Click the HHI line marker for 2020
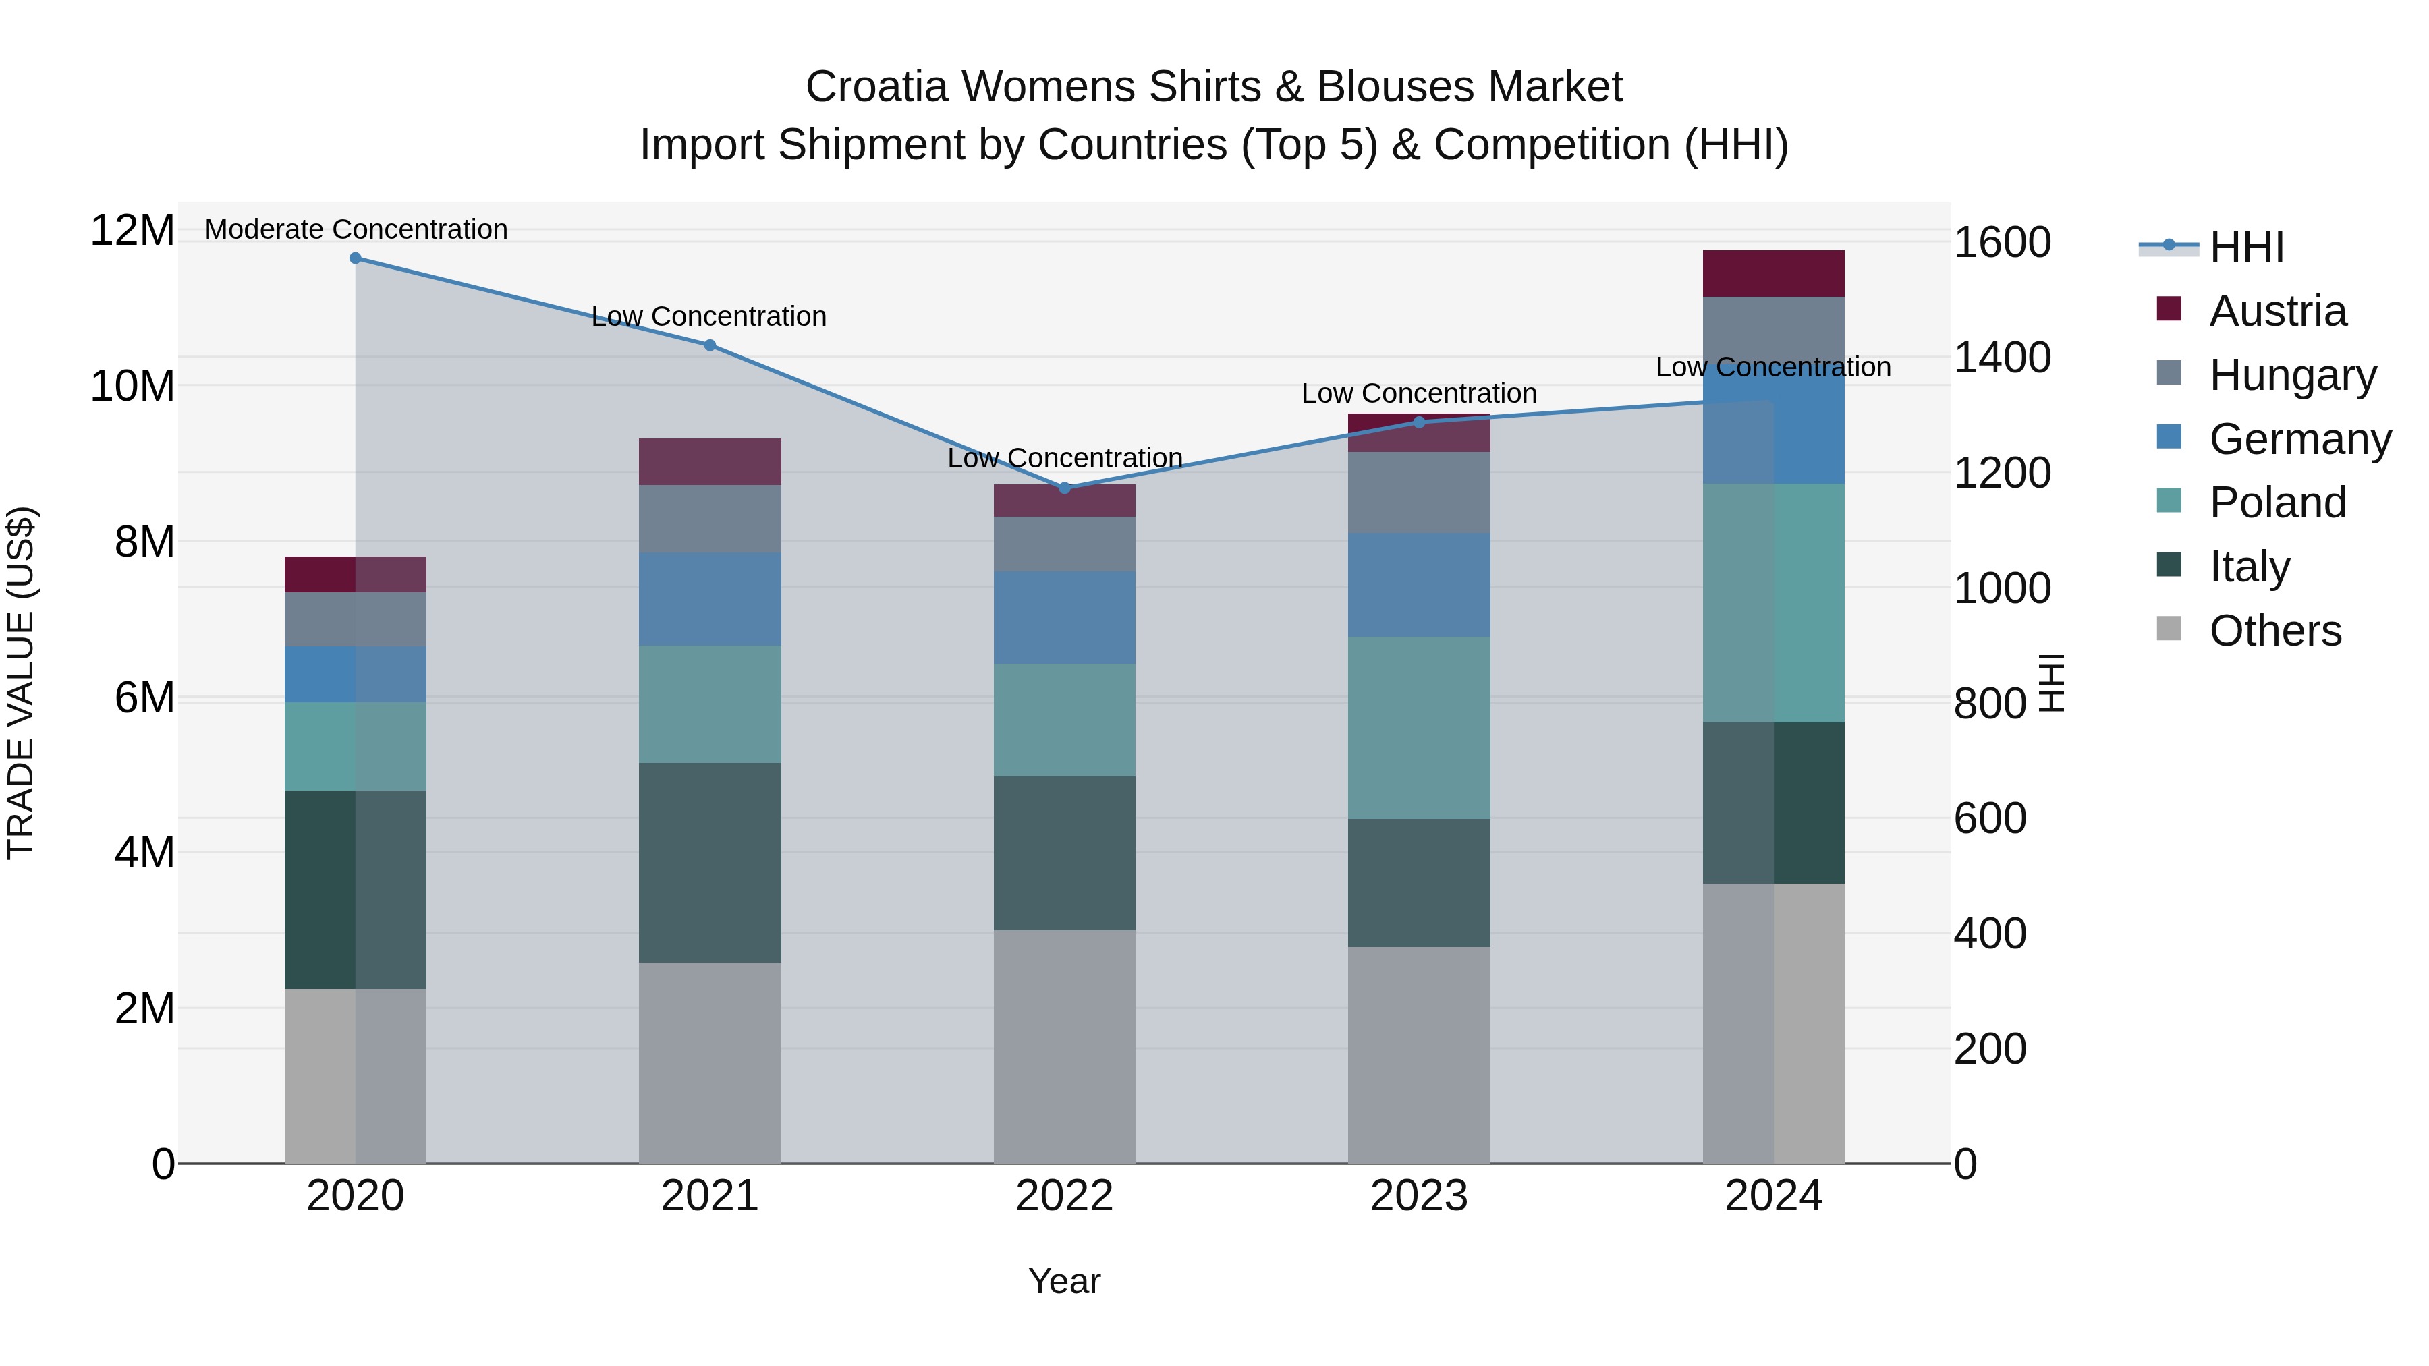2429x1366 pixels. [x=356, y=258]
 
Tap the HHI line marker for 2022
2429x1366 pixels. [x=1065, y=488]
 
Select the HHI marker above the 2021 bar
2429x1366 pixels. [x=710, y=345]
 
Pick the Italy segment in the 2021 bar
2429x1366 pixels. [x=710, y=863]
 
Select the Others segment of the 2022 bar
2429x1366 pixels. [x=1065, y=1046]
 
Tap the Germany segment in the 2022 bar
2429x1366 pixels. [x=1065, y=617]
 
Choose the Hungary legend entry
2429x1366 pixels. [x=2292, y=375]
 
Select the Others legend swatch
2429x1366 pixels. [x=2169, y=629]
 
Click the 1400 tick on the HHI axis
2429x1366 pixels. [x=2001, y=358]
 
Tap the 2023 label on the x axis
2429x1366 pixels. [x=1419, y=1196]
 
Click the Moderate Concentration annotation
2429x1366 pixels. [x=356, y=229]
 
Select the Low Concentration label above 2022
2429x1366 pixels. [x=1065, y=458]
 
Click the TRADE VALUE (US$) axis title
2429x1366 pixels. [x=21, y=683]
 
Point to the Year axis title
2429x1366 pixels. [x=1065, y=1281]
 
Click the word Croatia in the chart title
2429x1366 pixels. [x=876, y=87]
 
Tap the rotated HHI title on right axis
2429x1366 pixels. [x=2052, y=683]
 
